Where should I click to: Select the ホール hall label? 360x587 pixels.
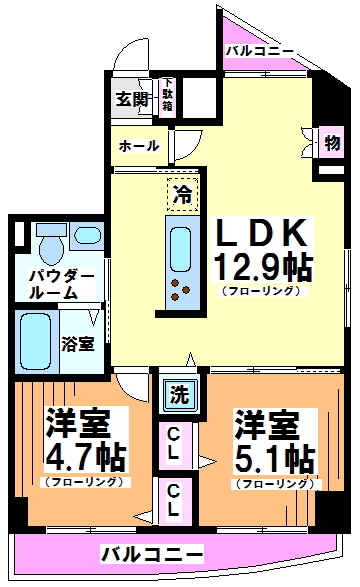pos(139,146)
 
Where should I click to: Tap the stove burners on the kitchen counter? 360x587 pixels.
pos(181,289)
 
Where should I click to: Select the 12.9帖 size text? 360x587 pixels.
pos(262,267)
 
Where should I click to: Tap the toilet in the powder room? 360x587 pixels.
pos(49,241)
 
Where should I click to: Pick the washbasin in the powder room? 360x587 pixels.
pos(87,237)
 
